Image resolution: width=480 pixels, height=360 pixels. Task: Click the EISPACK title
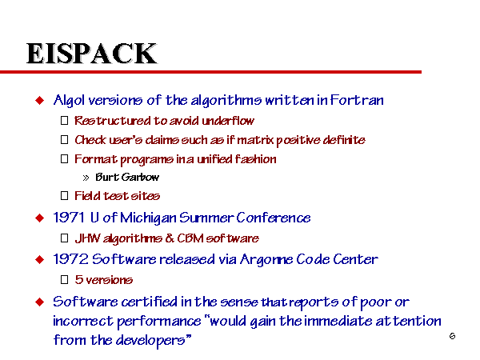(x=91, y=54)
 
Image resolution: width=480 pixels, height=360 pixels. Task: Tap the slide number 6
(x=452, y=336)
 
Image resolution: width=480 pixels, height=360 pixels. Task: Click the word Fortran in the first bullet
(x=357, y=100)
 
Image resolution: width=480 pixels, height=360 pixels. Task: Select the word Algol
(x=69, y=101)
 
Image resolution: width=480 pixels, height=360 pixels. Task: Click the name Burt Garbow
(x=127, y=177)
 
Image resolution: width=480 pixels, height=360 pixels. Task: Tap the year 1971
(x=69, y=218)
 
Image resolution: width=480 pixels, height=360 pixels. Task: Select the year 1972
(x=70, y=259)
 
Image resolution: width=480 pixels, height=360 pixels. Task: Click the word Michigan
(x=148, y=218)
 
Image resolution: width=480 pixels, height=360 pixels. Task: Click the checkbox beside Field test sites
(x=64, y=196)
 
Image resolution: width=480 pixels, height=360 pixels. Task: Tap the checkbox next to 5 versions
(x=64, y=279)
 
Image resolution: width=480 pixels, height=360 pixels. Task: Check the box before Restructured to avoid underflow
(x=64, y=120)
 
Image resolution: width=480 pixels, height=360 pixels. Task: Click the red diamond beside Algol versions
(x=40, y=100)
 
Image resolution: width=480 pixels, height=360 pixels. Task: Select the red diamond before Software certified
(x=40, y=302)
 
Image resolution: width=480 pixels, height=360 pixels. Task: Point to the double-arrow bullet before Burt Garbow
(x=86, y=178)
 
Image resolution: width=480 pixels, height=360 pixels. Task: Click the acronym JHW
(x=87, y=238)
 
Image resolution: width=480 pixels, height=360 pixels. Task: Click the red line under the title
(x=210, y=72)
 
